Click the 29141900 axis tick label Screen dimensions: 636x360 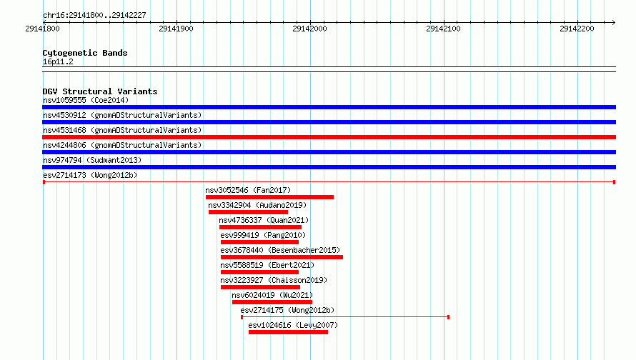click(x=176, y=29)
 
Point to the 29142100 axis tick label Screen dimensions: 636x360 click(x=443, y=29)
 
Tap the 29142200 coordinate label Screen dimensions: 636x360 click(x=577, y=29)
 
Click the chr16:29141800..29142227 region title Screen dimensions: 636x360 click(x=94, y=16)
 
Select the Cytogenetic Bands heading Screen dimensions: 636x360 click(x=85, y=53)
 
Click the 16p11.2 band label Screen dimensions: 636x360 click(x=58, y=61)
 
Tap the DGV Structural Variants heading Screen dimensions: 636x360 click(x=100, y=91)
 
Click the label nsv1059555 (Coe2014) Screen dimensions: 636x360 click(x=86, y=100)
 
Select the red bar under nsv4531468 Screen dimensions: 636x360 click(x=329, y=137)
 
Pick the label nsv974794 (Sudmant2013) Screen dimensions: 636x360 click(x=92, y=160)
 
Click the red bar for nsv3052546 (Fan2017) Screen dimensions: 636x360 click(x=269, y=197)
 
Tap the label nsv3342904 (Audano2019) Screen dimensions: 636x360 click(x=257, y=205)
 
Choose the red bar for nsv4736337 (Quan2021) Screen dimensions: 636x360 click(x=260, y=227)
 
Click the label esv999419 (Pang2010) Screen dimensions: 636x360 click(x=263, y=235)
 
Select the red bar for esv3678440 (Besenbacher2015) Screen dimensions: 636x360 click(x=282, y=257)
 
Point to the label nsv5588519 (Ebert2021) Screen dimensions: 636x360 click(x=267, y=265)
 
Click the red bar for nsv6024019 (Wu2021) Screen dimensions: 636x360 click(x=272, y=302)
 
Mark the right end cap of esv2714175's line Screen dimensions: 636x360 click(x=448, y=317)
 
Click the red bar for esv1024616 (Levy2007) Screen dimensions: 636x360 click(x=289, y=332)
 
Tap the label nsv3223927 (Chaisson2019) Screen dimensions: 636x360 click(x=274, y=280)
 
